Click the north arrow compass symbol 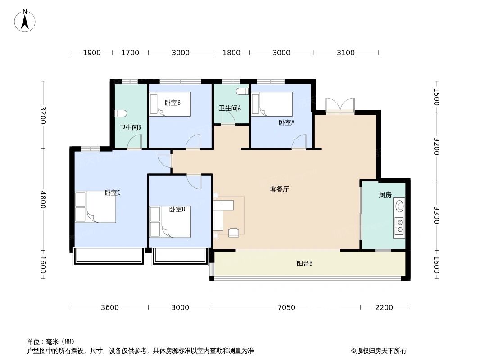coord(25,21)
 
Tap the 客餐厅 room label coord(279,189)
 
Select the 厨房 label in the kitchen coord(385,194)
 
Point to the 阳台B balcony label coord(304,264)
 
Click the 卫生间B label coord(130,127)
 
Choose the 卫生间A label coord(230,108)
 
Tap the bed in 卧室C coord(96,207)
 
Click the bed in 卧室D coord(170,222)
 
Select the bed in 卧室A coord(272,104)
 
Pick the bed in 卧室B coord(170,104)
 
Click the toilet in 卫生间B coord(121,113)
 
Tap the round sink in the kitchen coord(399,207)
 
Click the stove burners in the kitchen coord(399,226)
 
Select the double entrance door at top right coord(340,105)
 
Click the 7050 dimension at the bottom coord(286,308)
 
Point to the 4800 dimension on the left coord(43,200)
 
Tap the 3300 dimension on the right coord(436,215)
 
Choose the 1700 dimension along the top coord(130,53)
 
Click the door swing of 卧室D coord(195,182)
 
